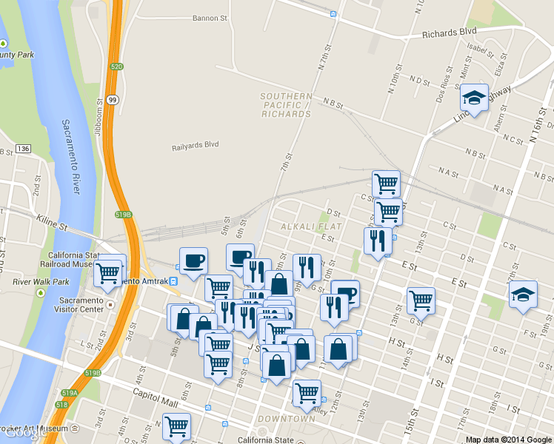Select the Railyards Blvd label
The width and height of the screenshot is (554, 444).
pyautogui.click(x=196, y=144)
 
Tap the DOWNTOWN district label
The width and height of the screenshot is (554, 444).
pyautogui.click(x=286, y=419)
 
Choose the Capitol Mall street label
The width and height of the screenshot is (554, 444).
pyautogui.click(x=156, y=394)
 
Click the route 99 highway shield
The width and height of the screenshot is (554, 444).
pyautogui.click(x=111, y=99)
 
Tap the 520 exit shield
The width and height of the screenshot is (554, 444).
pyautogui.click(x=116, y=67)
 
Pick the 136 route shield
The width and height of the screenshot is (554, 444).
pyautogui.click(x=24, y=149)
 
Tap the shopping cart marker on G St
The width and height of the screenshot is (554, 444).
pyautogui.click(x=421, y=300)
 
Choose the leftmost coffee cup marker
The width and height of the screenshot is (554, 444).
pyautogui.click(x=193, y=260)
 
